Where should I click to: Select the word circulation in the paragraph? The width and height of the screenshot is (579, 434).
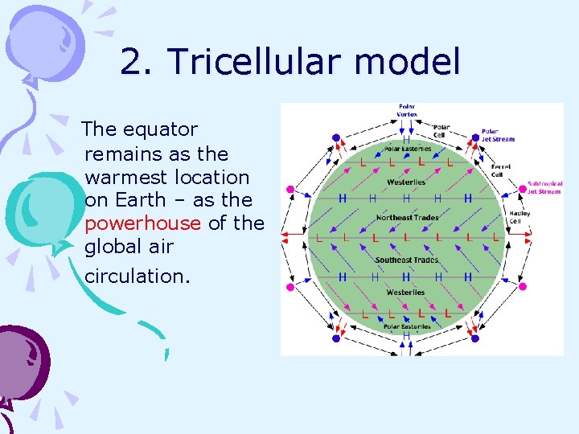pyautogui.click(x=137, y=276)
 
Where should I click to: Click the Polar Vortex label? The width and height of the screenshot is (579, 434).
pyautogui.click(x=407, y=110)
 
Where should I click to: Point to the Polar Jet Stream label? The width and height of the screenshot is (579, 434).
pyautogui.click(x=498, y=135)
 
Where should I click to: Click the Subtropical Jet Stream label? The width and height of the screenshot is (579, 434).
pyautogui.click(x=544, y=187)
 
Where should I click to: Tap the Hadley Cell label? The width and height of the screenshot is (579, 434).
pyautogui.click(x=519, y=217)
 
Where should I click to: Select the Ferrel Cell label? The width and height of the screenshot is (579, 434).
pyautogui.click(x=501, y=170)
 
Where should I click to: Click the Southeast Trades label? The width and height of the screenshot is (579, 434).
pyautogui.click(x=406, y=260)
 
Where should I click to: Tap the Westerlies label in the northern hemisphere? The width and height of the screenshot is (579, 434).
pyautogui.click(x=406, y=182)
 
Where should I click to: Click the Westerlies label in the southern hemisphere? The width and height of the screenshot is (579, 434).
pyautogui.click(x=405, y=293)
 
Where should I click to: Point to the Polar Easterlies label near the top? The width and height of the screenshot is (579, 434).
pyautogui.click(x=407, y=149)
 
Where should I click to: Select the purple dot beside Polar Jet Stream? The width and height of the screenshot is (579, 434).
pyautogui.click(x=474, y=137)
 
